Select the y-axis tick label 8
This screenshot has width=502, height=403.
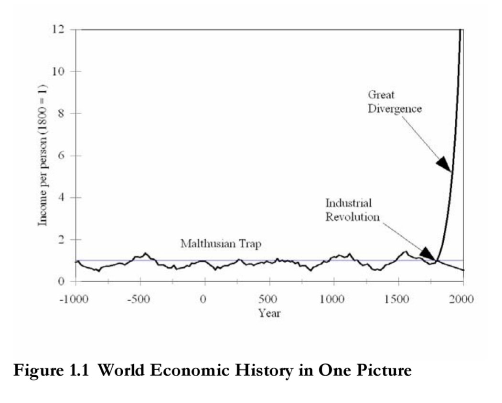[61, 114]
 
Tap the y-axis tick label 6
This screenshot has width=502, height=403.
[61, 156]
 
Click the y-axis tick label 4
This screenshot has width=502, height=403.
[61, 197]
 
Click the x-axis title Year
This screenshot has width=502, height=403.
[269, 314]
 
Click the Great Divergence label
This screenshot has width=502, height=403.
[394, 102]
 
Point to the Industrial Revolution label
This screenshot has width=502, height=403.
[352, 210]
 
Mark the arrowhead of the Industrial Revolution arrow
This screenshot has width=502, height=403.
[427, 254]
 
